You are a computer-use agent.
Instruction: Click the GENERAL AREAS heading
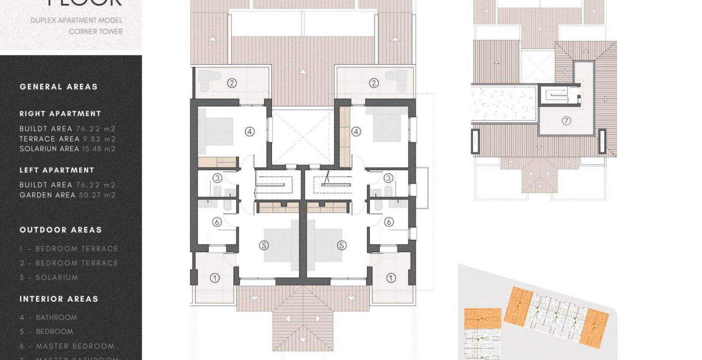pyautogui.click(x=59, y=87)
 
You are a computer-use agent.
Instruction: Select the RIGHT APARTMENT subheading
pyautogui.click(x=60, y=114)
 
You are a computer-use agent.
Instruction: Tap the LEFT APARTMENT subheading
pyautogui.click(x=57, y=170)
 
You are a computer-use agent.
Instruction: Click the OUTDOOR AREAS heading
pyautogui.click(x=61, y=230)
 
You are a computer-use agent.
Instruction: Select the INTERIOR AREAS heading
pyautogui.click(x=59, y=299)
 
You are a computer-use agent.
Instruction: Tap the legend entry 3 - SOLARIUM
pyautogui.click(x=49, y=278)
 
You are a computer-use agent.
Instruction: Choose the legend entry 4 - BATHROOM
pyautogui.click(x=48, y=318)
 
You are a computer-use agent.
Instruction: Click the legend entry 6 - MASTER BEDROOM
pyautogui.click(x=67, y=346)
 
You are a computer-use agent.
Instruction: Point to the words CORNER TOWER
pyautogui.click(x=96, y=32)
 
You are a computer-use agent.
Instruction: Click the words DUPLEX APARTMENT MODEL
pyautogui.click(x=77, y=20)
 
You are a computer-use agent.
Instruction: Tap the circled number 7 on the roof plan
pyautogui.click(x=566, y=121)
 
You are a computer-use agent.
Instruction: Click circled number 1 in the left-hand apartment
pyautogui.click(x=215, y=278)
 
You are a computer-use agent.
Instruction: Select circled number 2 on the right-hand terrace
pyautogui.click(x=374, y=83)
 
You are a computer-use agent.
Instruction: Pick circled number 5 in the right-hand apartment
pyautogui.click(x=342, y=245)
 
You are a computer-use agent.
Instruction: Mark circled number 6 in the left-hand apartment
pyautogui.click(x=217, y=222)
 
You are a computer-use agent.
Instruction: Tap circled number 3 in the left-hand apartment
pyautogui.click(x=217, y=178)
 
